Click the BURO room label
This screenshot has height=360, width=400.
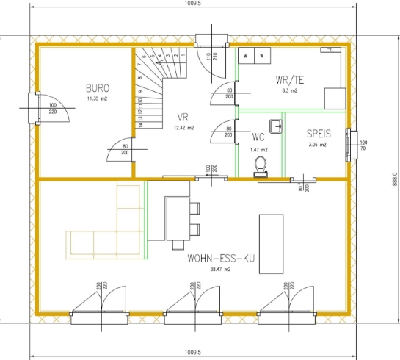pos(98,87)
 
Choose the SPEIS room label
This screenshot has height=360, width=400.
pos(319,134)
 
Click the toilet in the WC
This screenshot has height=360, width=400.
pos(260,171)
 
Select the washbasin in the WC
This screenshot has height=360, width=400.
pos(276,126)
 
